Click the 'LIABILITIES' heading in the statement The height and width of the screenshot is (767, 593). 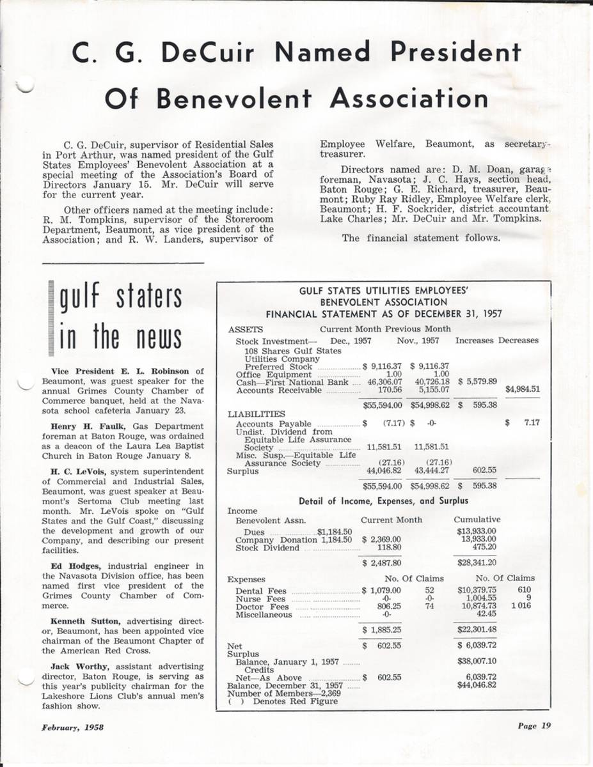click(x=254, y=414)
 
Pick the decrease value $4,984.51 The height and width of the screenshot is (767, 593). click(x=522, y=389)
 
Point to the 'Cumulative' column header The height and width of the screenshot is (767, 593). click(x=477, y=520)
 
